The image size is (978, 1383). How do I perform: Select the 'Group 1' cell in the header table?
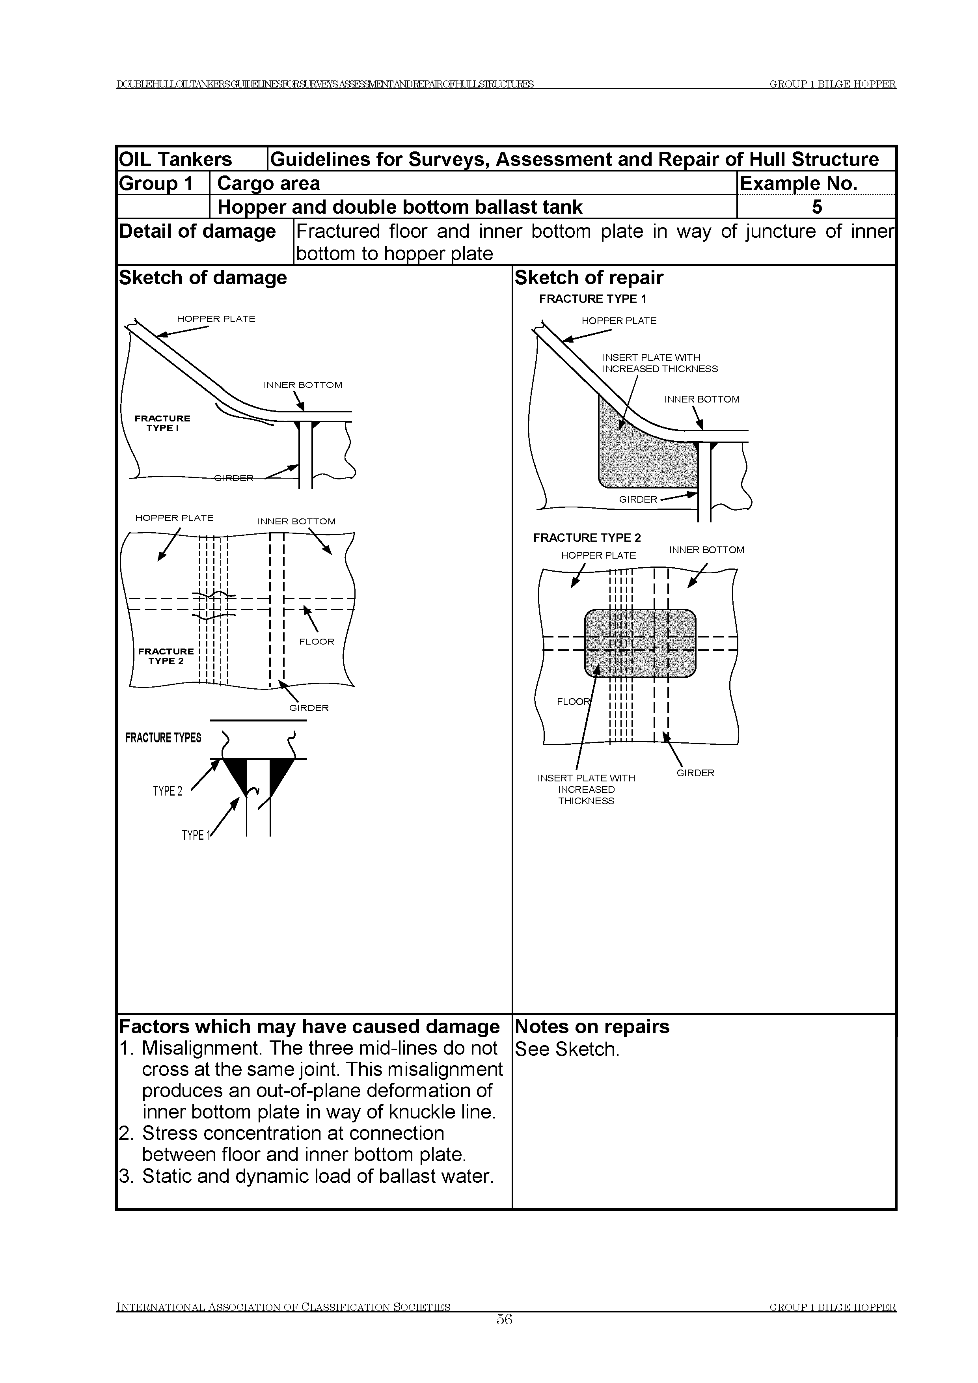156,183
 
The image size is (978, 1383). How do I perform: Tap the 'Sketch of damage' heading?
203,278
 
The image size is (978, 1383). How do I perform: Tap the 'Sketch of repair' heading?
589,278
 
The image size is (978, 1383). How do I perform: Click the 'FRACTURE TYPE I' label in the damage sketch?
162,423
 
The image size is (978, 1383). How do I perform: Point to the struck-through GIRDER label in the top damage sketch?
234,478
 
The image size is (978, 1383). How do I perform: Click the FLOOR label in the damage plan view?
316,641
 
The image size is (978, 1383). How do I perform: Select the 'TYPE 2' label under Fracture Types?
168,791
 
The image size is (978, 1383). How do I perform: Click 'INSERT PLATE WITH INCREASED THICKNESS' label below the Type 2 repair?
586,789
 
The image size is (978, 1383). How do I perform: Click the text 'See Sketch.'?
567,1049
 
